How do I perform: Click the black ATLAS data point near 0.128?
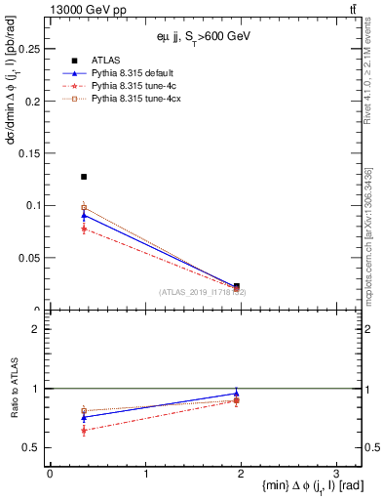pos(84,177)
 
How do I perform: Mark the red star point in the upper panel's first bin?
pos(84,229)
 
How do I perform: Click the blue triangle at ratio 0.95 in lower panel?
pos(237,394)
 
